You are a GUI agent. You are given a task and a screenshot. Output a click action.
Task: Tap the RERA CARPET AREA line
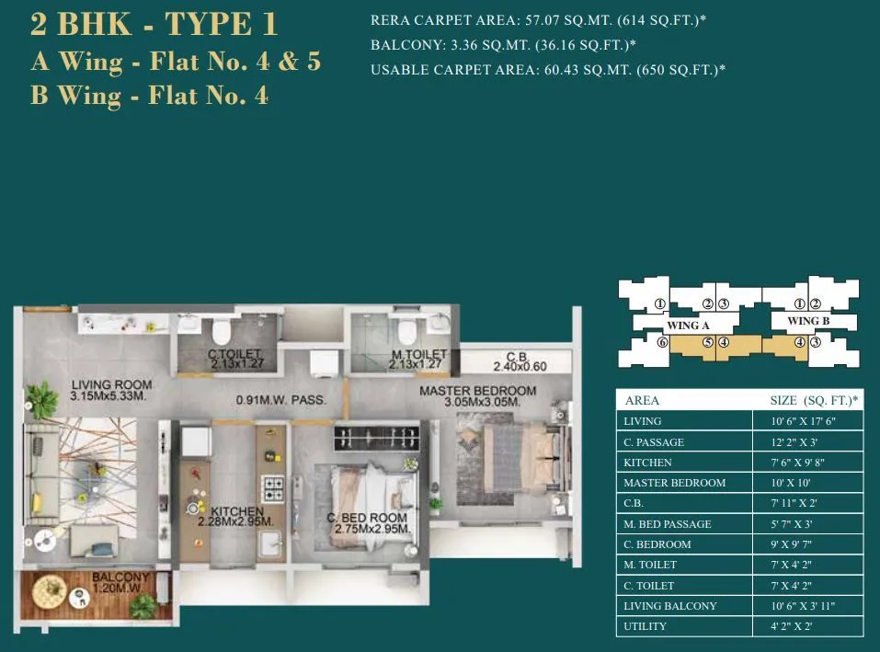[539, 20]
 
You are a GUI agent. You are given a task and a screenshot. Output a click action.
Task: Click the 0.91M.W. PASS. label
[281, 400]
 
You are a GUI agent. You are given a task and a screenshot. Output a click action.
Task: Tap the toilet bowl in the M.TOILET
[405, 332]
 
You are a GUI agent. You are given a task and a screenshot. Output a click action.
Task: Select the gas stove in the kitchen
[273, 485]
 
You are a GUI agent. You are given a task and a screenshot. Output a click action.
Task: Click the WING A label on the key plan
[689, 326]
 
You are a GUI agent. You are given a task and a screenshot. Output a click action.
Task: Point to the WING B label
[809, 321]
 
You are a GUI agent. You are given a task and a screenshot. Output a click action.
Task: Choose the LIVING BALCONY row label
[669, 606]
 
